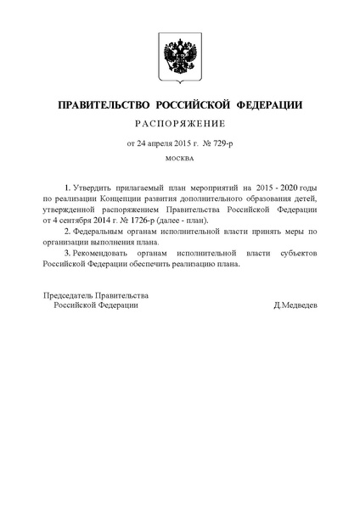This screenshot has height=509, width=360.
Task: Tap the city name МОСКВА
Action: click(179, 159)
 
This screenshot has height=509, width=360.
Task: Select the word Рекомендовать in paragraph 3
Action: click(110, 252)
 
